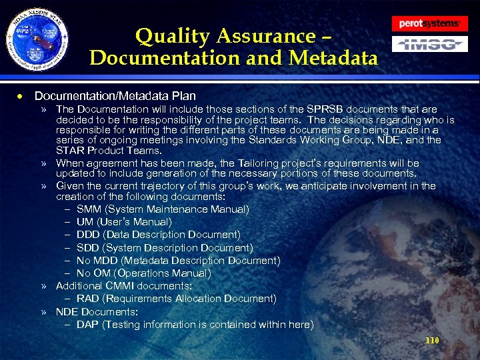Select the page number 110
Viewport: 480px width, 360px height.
(432, 341)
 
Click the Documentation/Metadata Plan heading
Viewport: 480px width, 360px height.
(115, 96)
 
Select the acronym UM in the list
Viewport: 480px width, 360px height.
(85, 222)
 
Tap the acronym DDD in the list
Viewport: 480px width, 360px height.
(89, 235)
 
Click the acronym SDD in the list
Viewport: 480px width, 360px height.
(88, 247)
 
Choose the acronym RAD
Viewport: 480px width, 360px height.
(88, 299)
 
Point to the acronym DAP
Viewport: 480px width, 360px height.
(87, 325)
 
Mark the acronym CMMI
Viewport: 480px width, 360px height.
(117, 286)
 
